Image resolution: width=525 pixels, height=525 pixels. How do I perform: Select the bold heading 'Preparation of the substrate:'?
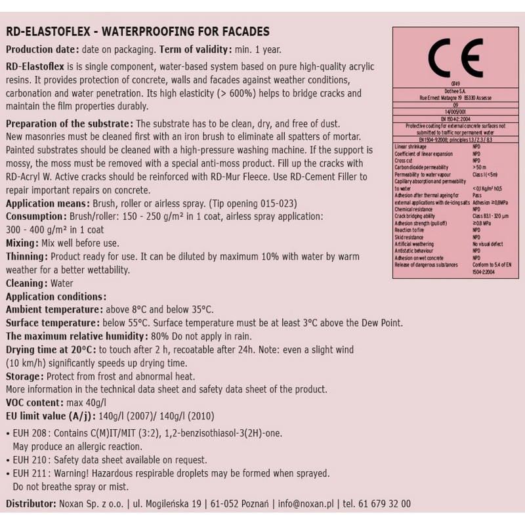(69, 124)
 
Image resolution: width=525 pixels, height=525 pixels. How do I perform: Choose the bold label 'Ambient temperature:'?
(52, 310)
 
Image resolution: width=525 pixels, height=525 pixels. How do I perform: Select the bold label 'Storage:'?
(24, 376)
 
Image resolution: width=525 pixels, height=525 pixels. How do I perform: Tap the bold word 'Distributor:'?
(30, 504)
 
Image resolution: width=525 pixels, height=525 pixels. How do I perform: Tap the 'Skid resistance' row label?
(411, 237)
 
